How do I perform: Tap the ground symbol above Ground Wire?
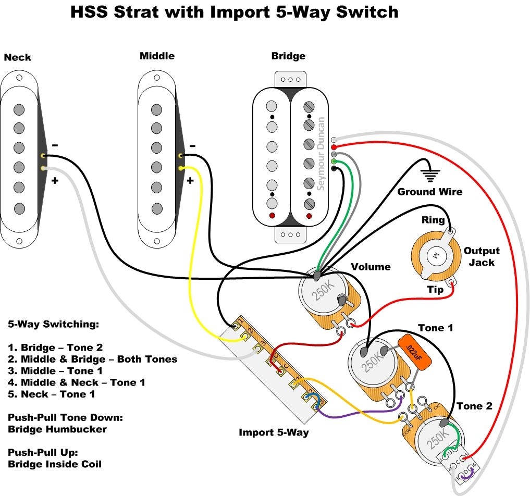coord(430,175)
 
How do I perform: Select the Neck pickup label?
coord(18,57)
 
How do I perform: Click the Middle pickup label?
coord(157,56)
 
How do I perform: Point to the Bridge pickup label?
coord(288,56)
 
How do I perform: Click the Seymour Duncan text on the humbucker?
coord(321,153)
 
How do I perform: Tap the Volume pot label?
coord(371,267)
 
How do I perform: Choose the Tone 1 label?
coord(435,328)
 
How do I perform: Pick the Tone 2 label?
coord(474,406)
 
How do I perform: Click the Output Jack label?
coord(482,256)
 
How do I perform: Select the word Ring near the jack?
coord(433,220)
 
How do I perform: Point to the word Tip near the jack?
coord(435,289)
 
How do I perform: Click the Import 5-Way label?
coord(274,432)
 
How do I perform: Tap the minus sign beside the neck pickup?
coord(55,145)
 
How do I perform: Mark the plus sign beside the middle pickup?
coord(191,181)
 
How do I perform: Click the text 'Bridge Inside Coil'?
coord(55,464)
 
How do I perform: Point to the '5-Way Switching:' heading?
coord(53,324)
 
